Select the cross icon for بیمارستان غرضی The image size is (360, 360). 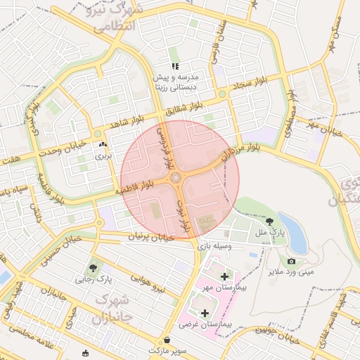click(205, 313)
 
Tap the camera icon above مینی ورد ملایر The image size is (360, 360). click(291, 262)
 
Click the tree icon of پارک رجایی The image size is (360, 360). click(93, 267)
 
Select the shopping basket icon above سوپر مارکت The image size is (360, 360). click(167, 339)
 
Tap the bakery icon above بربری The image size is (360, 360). click(103, 145)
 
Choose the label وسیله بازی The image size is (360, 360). click(213, 246)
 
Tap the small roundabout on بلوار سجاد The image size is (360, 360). click(222, 94)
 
